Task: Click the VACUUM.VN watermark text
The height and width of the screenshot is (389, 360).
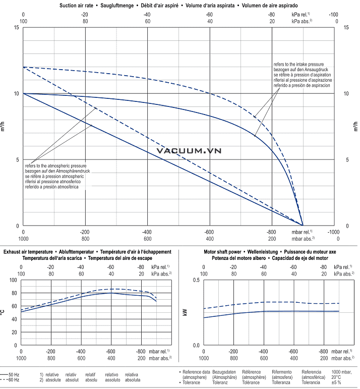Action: tap(189, 150)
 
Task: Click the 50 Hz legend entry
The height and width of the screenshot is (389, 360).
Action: tap(14, 374)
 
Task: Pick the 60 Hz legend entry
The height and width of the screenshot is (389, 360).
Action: tap(14, 379)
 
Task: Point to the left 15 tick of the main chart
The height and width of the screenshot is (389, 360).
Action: tap(17, 27)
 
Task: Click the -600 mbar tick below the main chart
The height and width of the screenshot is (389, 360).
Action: tap(210, 232)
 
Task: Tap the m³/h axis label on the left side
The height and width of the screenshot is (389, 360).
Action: tap(5, 126)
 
